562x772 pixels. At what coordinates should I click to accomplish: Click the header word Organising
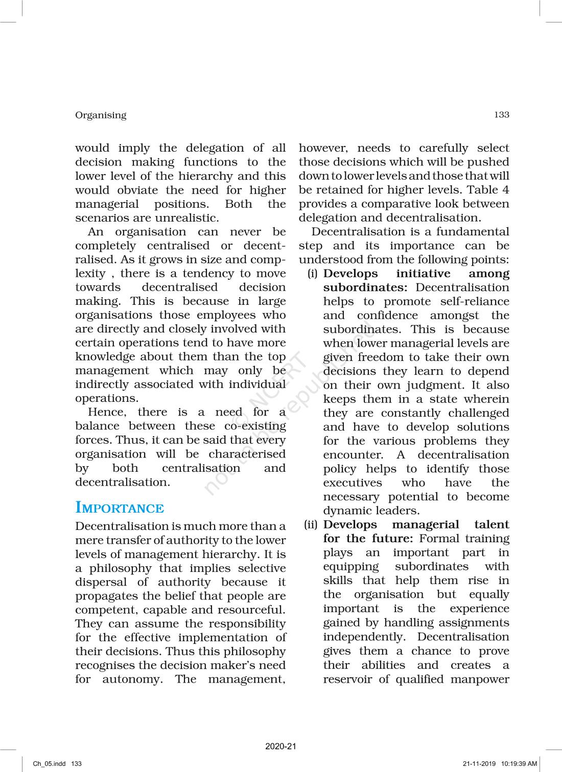pos(101,115)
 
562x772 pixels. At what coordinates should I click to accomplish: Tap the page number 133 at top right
pos(501,115)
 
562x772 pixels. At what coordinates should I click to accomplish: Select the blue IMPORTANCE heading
pos(120,508)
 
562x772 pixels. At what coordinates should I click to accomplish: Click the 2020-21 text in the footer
pos(280,746)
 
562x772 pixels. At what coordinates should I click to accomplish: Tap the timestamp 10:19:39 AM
pos(519,764)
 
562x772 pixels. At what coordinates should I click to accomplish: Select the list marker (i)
pos(313,274)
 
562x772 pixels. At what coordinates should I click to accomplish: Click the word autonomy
pos(132,679)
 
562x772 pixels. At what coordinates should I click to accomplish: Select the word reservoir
pos(347,679)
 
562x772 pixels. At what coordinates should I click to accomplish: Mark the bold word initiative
pos(423,274)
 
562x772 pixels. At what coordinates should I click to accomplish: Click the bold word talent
pos(491,525)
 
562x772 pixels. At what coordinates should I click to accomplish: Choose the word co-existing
pos(255,426)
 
